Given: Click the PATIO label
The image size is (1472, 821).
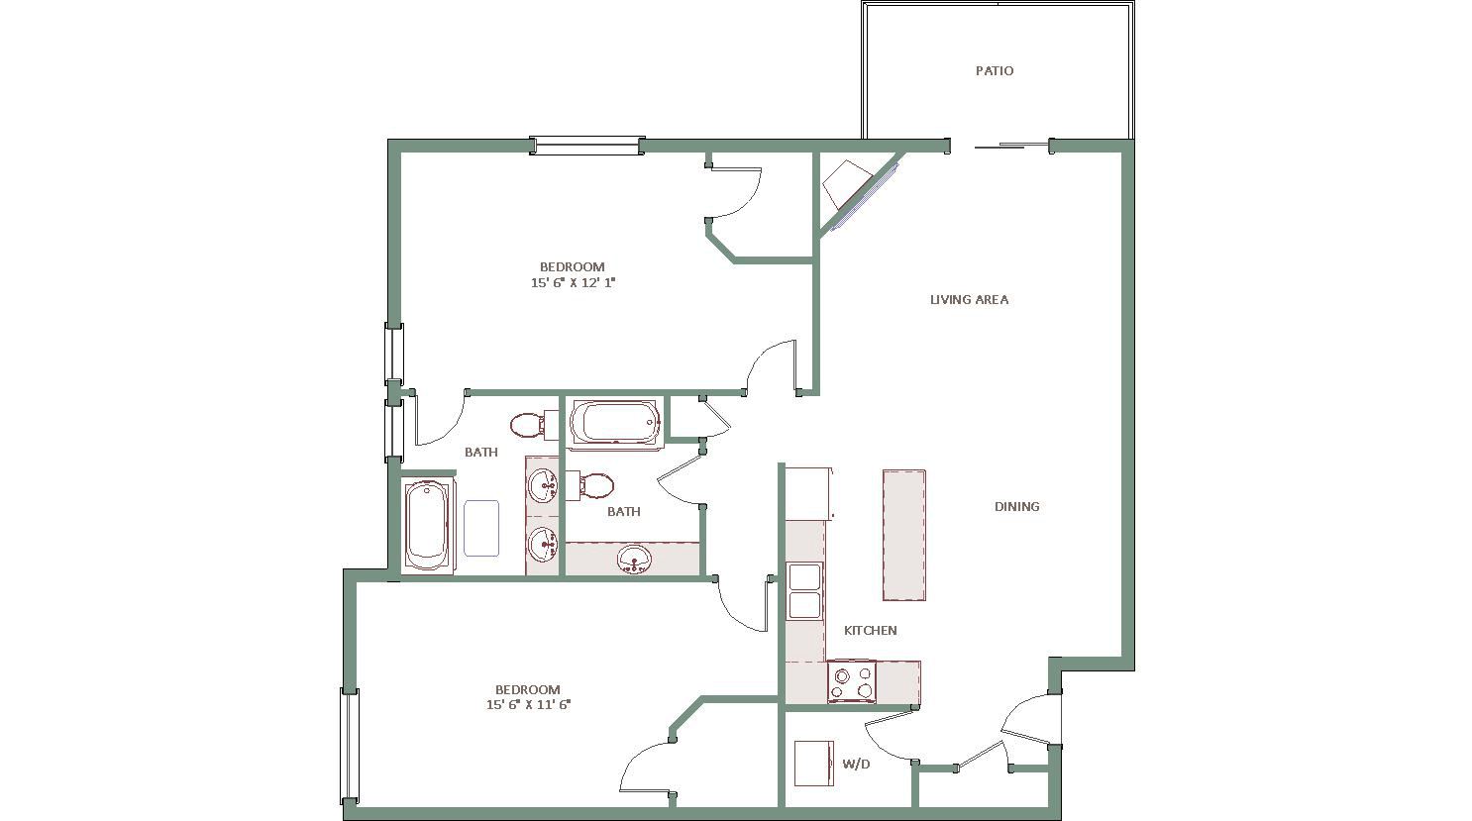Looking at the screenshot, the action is (x=995, y=71).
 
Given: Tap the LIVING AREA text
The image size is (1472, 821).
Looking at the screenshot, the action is (x=970, y=299).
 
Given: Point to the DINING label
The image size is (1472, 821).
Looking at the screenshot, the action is (x=1016, y=506).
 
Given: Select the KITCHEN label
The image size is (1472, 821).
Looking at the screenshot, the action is (x=870, y=631).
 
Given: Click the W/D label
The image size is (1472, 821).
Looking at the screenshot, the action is (x=856, y=765).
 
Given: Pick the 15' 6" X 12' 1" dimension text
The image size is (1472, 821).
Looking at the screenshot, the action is (x=573, y=283).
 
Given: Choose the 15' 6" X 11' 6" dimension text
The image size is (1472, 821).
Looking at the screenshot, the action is (x=528, y=705).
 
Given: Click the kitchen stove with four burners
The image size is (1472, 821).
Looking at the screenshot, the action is (x=852, y=681).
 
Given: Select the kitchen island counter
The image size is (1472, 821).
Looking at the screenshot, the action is (x=904, y=535).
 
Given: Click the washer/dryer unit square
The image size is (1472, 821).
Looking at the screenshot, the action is (x=814, y=764).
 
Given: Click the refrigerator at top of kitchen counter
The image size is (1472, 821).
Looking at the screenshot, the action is (x=809, y=493).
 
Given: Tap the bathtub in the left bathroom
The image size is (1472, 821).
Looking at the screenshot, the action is (x=427, y=526).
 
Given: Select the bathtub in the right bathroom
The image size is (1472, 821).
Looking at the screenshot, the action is (x=615, y=424).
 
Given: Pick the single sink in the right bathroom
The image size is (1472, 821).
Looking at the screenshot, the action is (x=634, y=561).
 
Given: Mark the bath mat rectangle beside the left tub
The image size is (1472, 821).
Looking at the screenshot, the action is (x=481, y=528).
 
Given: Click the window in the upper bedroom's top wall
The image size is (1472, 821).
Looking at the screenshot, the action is (x=586, y=146).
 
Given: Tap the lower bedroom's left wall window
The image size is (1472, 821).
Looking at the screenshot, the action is (x=350, y=745).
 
